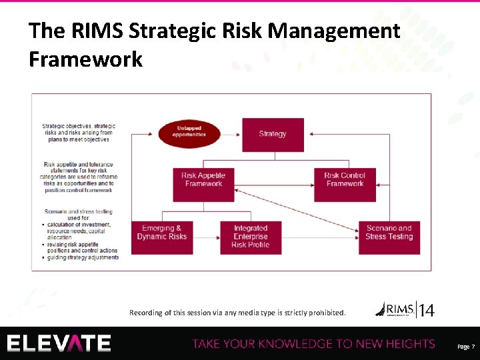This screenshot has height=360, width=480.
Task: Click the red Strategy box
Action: coord(273,134)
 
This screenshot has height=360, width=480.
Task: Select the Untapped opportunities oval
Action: coord(189,131)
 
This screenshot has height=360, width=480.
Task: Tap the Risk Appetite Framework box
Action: coord(203,180)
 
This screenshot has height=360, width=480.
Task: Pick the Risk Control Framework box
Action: coord(345,180)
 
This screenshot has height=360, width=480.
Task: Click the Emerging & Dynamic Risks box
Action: coord(161,233)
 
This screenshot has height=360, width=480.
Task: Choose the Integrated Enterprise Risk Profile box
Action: coord(250,236)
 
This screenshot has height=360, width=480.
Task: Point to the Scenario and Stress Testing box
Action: coord(389,233)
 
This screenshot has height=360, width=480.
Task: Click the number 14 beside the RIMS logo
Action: coord(427,310)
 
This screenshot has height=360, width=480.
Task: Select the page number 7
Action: coord(473,347)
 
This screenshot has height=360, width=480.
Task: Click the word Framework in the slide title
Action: coord(86,59)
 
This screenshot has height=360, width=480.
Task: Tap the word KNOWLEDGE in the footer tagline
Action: coord(297,344)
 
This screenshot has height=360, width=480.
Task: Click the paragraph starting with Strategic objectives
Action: coord(78,133)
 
